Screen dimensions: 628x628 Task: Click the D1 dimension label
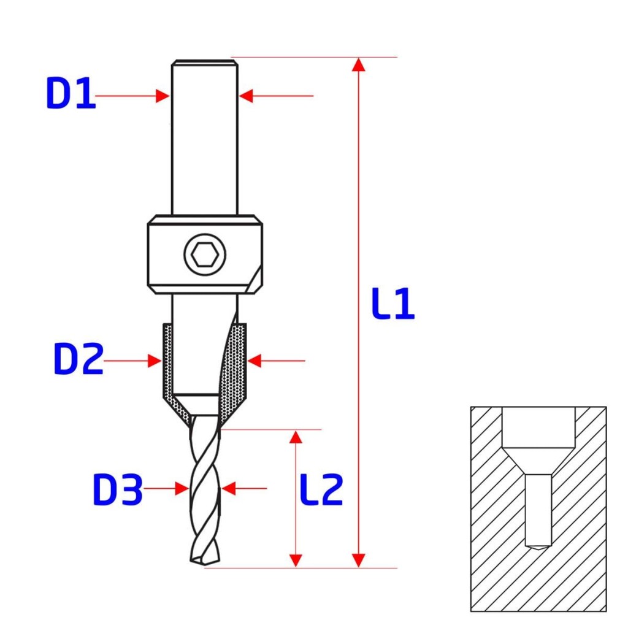71,93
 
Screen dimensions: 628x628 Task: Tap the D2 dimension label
78,359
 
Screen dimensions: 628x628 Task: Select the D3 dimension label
117,489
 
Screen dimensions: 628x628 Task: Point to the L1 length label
393,303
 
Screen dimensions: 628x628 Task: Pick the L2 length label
321,489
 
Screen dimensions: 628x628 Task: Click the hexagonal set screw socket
205,255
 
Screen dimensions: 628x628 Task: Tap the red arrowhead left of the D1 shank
163,96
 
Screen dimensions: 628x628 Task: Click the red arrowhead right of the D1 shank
246,96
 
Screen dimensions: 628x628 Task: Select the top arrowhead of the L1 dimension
358,65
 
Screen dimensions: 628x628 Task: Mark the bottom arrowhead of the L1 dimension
358,561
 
